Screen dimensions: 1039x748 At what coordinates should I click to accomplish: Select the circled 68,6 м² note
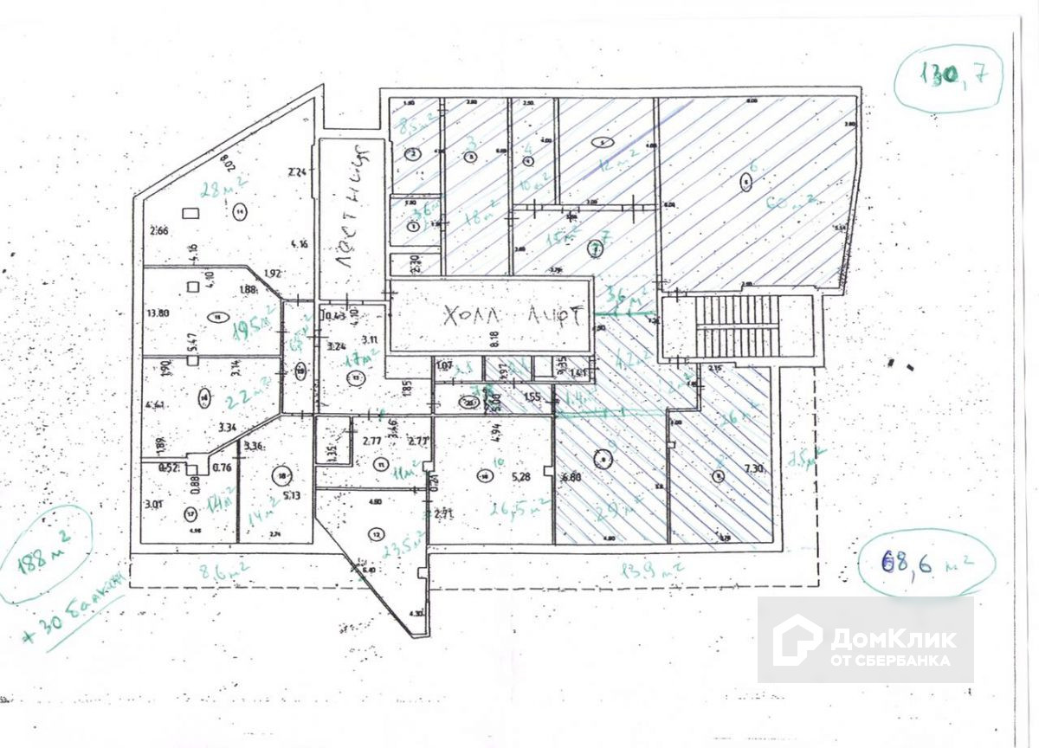926,564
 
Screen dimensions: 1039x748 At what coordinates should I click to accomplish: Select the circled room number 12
375,533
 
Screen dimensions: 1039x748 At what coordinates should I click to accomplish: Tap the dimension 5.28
521,476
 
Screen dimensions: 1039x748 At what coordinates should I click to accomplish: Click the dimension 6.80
571,477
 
